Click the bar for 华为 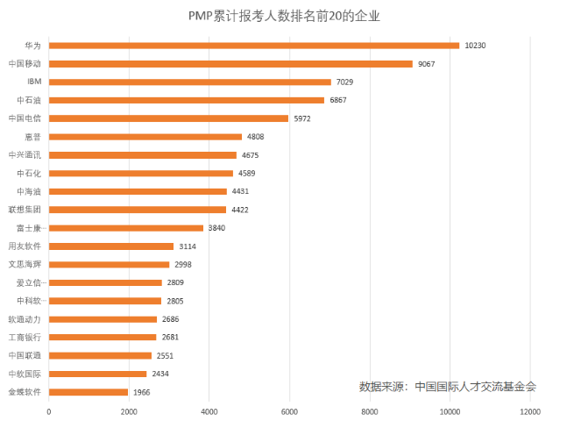254,46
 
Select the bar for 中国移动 230,63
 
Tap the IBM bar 190,82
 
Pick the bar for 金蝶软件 89,392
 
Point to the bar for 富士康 126,228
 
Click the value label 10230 476,46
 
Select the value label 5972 303,118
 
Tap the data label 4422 241,210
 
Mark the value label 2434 161,374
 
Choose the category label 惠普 32,137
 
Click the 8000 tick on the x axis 369,411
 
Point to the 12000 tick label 529,411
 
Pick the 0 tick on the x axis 49,411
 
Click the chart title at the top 284,16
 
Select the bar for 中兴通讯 143,155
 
